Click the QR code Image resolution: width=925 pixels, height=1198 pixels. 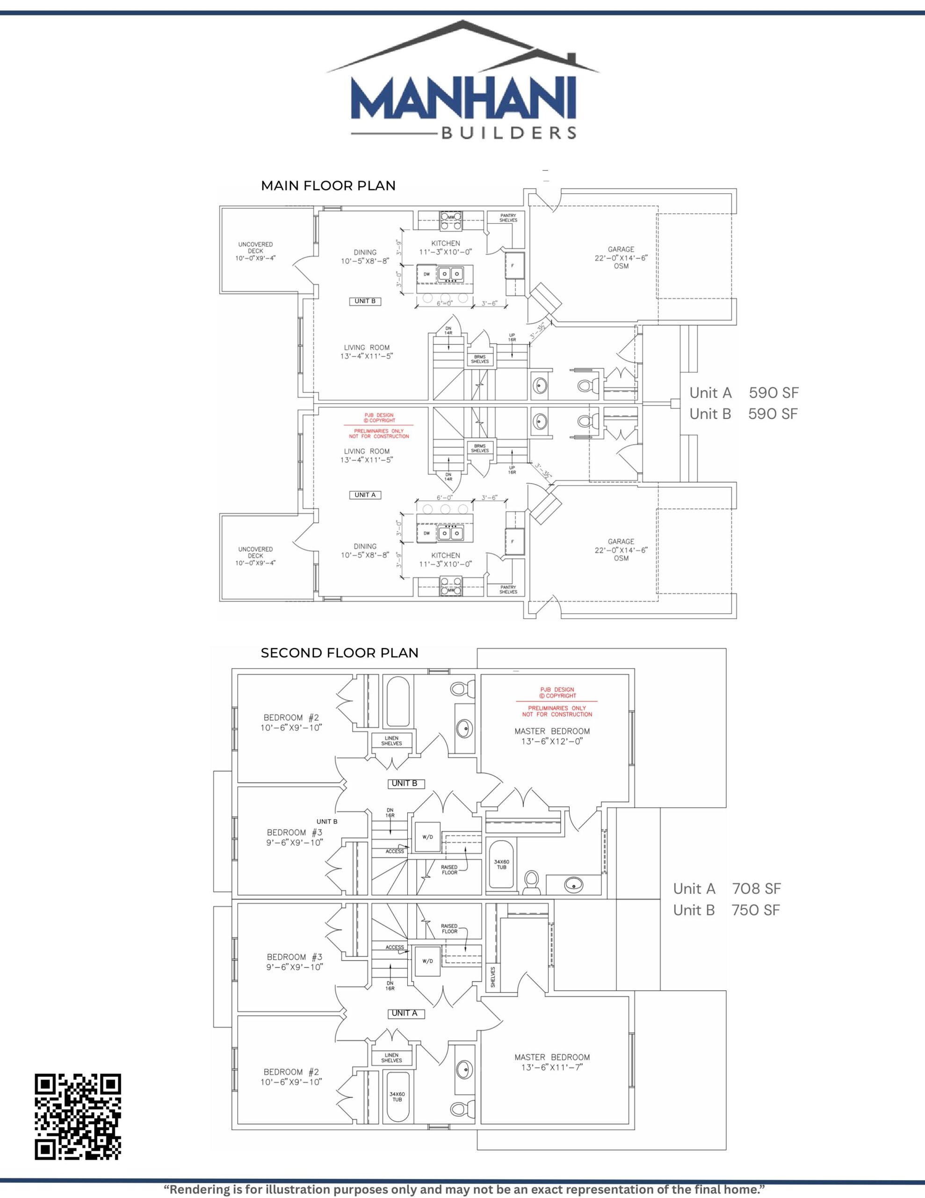coord(78,1116)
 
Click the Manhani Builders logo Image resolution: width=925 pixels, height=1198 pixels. coord(463,82)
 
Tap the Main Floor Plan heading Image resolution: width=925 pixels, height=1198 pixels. coord(328,186)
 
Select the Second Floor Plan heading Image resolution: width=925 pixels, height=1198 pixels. coord(340,653)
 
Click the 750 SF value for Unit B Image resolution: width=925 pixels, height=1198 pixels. coord(755,910)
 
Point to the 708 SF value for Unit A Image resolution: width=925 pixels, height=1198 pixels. coord(756,889)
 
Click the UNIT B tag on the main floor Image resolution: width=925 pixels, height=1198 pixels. coord(365,301)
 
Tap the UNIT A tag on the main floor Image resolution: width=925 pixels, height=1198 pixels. coord(365,495)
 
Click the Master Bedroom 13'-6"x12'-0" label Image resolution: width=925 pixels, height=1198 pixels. coord(552,736)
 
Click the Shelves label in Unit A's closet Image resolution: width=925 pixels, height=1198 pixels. coord(492,977)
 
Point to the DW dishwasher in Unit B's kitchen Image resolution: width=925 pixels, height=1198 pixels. coord(426,274)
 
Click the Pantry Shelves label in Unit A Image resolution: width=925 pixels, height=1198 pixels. coord(508,590)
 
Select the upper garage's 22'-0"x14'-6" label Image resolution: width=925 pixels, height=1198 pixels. coord(621,257)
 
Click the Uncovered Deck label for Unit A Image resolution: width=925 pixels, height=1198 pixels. coord(255,555)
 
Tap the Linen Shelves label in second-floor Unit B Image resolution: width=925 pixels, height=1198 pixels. coord(391,740)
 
